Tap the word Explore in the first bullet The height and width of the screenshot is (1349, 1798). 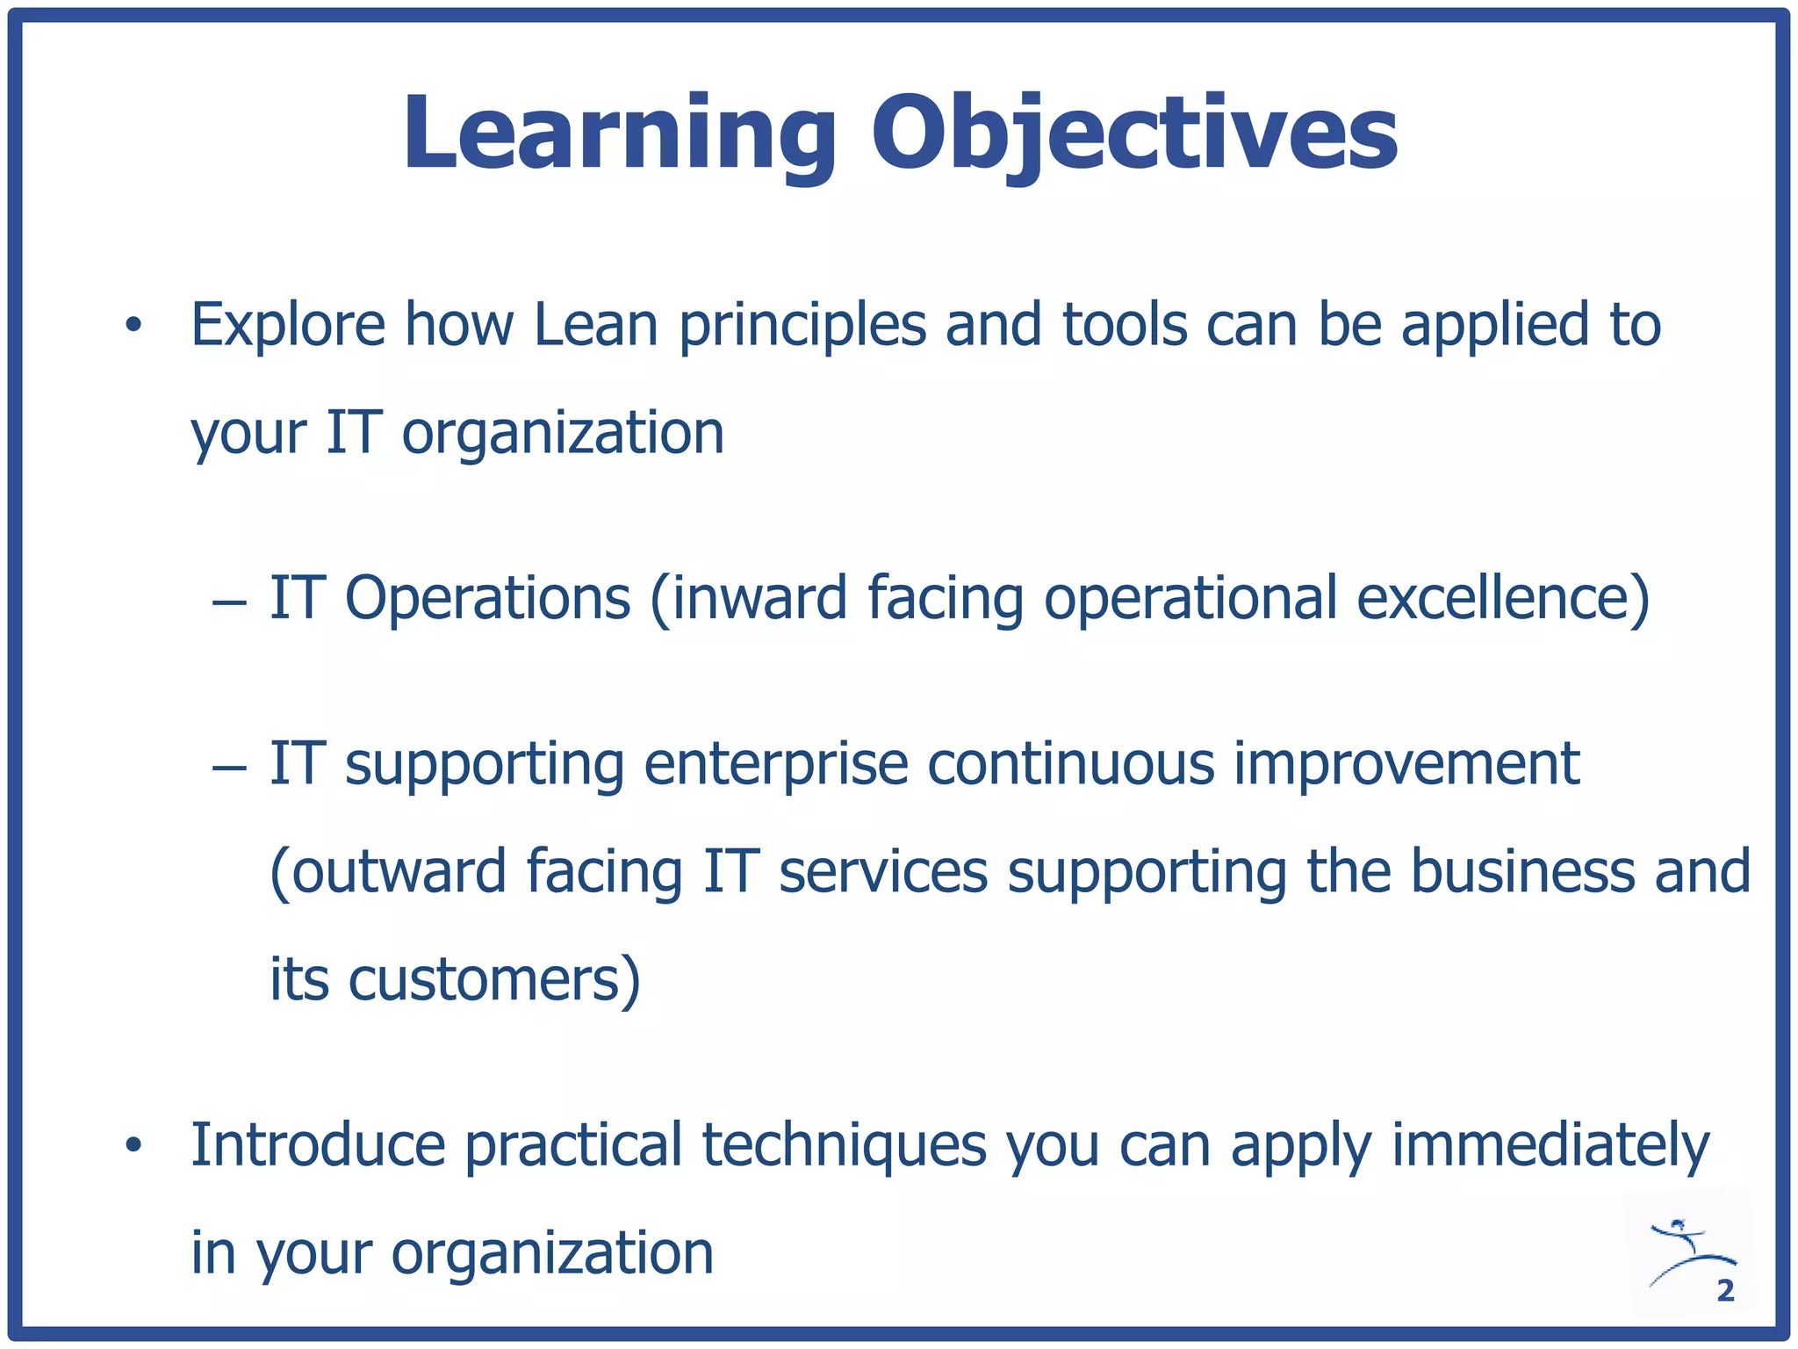pos(288,325)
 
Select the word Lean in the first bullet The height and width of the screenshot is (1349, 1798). pos(595,325)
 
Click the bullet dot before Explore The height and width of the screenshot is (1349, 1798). pos(133,326)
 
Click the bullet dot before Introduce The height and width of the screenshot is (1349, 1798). pos(133,1145)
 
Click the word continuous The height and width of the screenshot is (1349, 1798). pos(1071,764)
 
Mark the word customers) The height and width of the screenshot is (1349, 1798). pos(494,980)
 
